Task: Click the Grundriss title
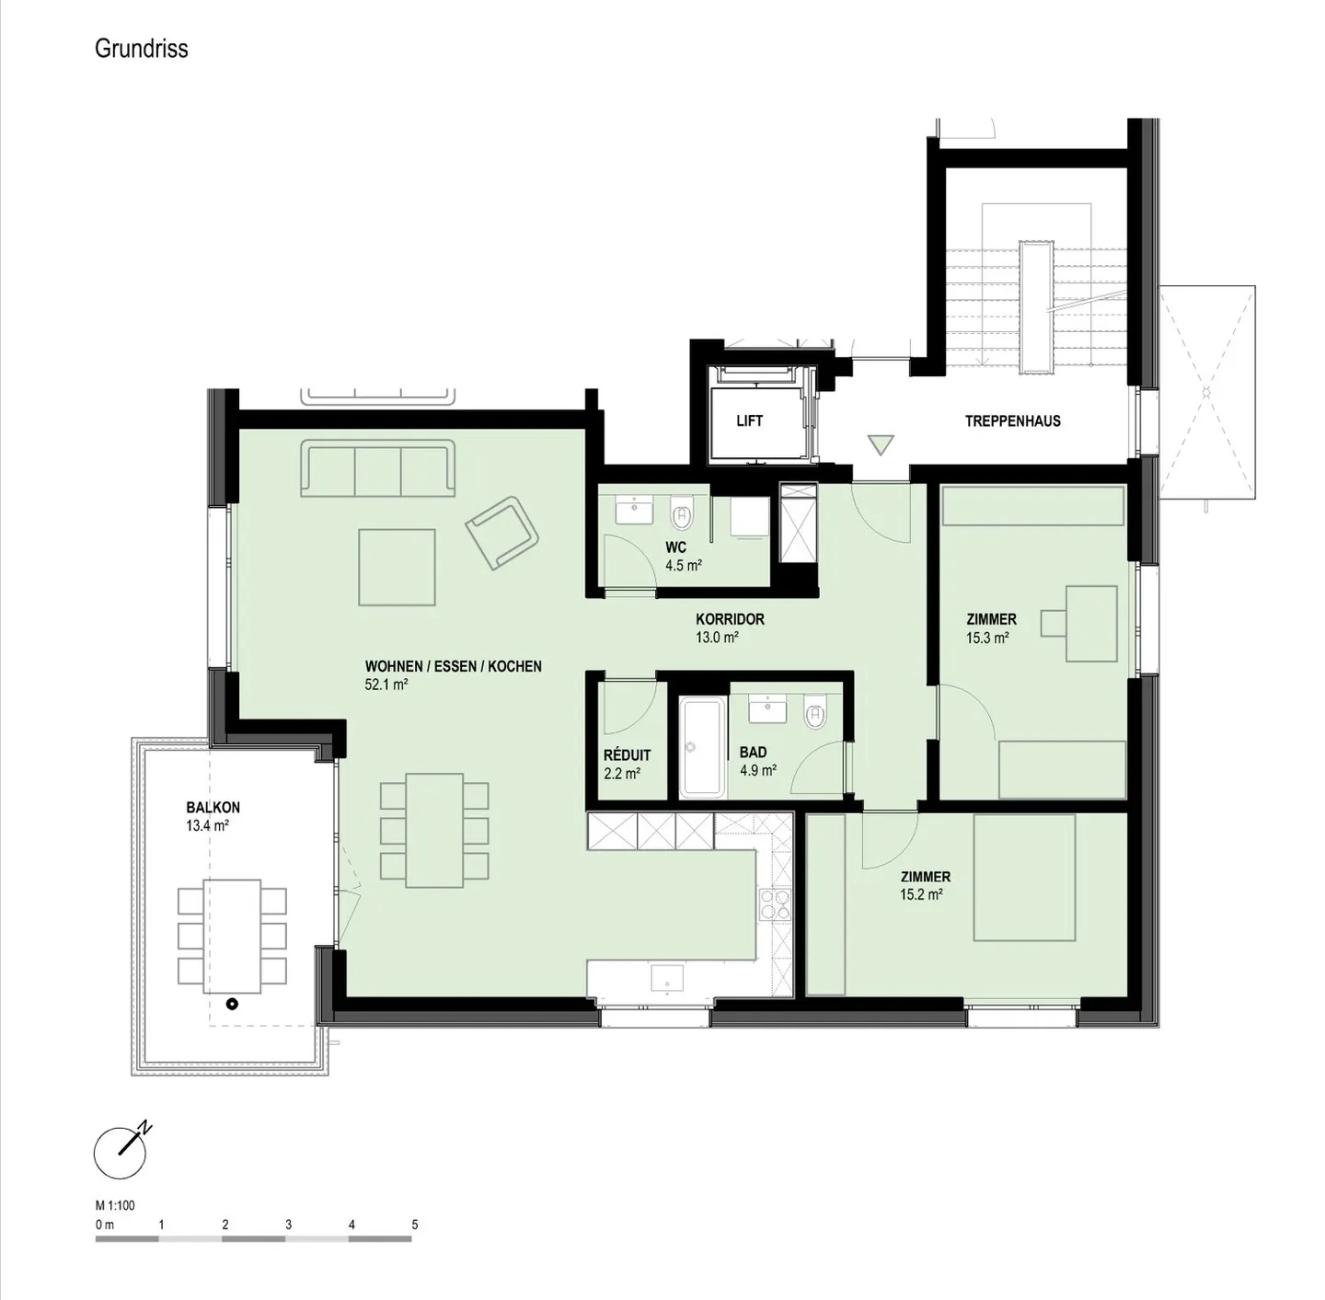pos(141,49)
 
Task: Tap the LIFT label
pos(749,421)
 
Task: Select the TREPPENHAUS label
pos(1012,421)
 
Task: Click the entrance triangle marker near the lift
pos(881,445)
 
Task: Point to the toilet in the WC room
pos(682,513)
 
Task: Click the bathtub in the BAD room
pos(701,748)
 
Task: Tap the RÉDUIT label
pos(627,755)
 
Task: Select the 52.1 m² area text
pos(386,685)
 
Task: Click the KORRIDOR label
pos(730,619)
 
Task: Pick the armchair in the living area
pos(502,533)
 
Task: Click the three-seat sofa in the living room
pos(377,467)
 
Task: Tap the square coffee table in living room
pos(397,567)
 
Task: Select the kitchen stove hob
pos(775,903)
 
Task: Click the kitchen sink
pos(667,979)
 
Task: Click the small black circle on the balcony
pos(233,1004)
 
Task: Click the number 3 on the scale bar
pos(288,1225)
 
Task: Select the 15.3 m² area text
pos(987,638)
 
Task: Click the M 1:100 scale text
pos(115,1205)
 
